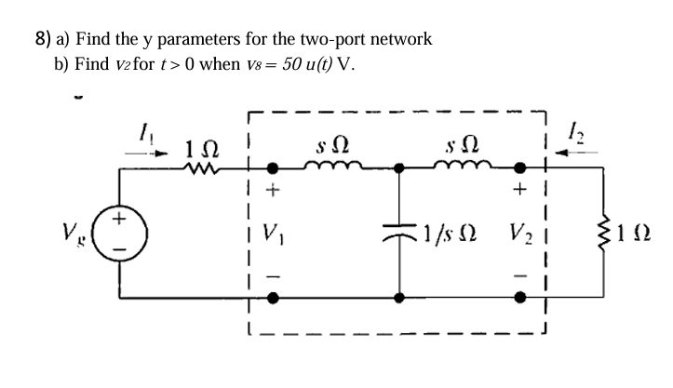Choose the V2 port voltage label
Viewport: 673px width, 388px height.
pos(520,231)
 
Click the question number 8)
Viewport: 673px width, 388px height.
pos(39,39)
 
